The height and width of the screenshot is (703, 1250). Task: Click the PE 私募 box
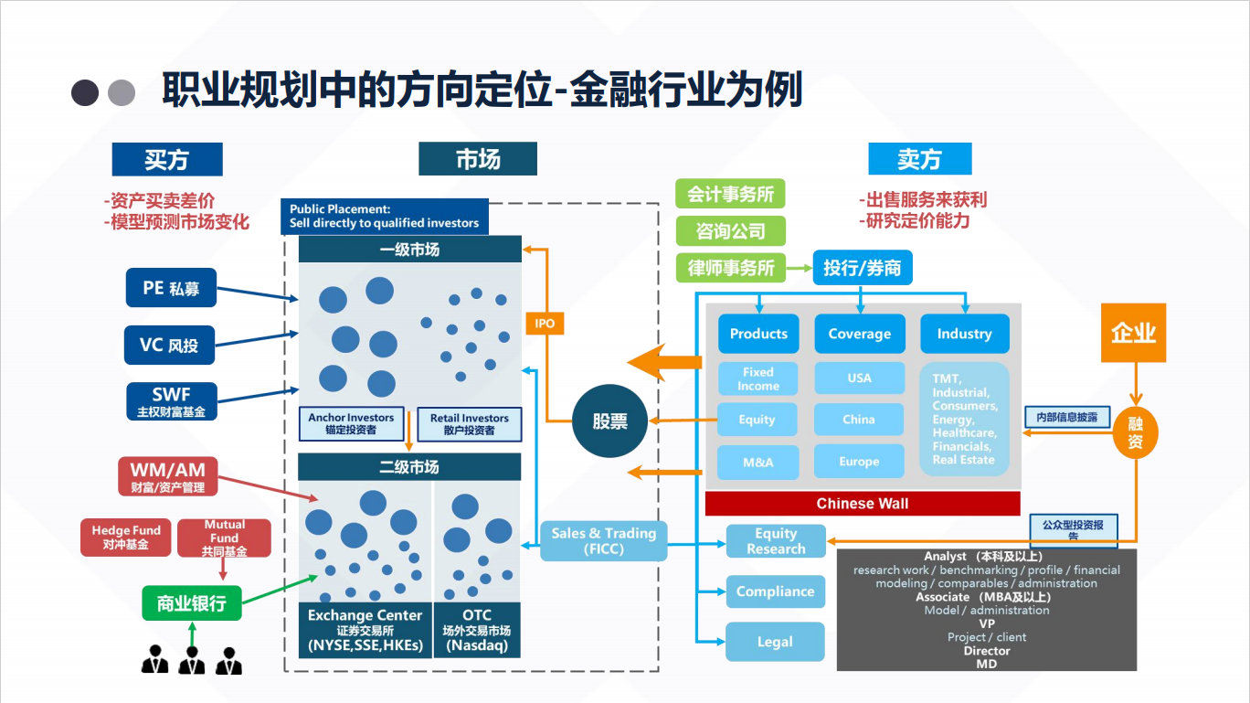[170, 288]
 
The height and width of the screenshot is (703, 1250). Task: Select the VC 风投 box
[170, 345]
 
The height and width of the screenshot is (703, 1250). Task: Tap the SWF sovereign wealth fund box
[172, 401]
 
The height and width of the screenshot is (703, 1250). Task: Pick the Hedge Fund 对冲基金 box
[126, 538]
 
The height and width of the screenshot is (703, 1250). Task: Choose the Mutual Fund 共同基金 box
[225, 538]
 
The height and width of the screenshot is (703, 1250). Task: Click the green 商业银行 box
[192, 603]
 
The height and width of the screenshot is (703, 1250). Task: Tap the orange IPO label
[545, 324]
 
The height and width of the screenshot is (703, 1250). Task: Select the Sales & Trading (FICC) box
[603, 540]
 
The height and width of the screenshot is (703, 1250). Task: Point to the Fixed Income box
[757, 378]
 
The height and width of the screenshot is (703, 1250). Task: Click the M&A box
[757, 462]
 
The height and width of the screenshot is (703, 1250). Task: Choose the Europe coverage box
[859, 462]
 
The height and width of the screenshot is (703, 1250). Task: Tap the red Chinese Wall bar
[862, 504]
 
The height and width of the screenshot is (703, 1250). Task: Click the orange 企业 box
[1133, 333]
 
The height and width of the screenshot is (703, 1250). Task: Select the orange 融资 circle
[1135, 432]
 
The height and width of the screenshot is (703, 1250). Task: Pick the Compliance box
[775, 591]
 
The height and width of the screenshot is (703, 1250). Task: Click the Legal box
[775, 642]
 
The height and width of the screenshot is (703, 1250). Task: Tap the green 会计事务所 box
[730, 194]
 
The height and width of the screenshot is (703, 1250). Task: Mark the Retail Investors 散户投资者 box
[469, 423]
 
